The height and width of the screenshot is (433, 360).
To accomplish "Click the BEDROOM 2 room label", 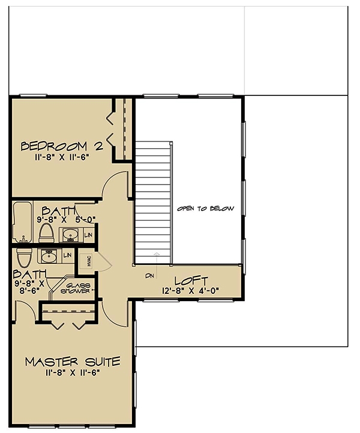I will click(62, 146).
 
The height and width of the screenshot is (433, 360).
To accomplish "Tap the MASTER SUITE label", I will click(73, 362).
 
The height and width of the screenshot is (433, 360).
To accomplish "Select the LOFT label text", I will click(191, 280).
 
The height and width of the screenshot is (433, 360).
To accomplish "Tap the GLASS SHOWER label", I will click(78, 288).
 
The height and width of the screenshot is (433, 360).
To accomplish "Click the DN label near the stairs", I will click(149, 276).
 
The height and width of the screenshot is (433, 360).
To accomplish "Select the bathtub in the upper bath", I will click(22, 222).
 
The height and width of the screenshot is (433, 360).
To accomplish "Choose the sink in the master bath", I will click(47, 257).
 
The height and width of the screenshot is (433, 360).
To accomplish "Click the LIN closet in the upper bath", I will click(87, 234).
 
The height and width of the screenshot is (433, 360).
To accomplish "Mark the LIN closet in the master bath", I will click(67, 255).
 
